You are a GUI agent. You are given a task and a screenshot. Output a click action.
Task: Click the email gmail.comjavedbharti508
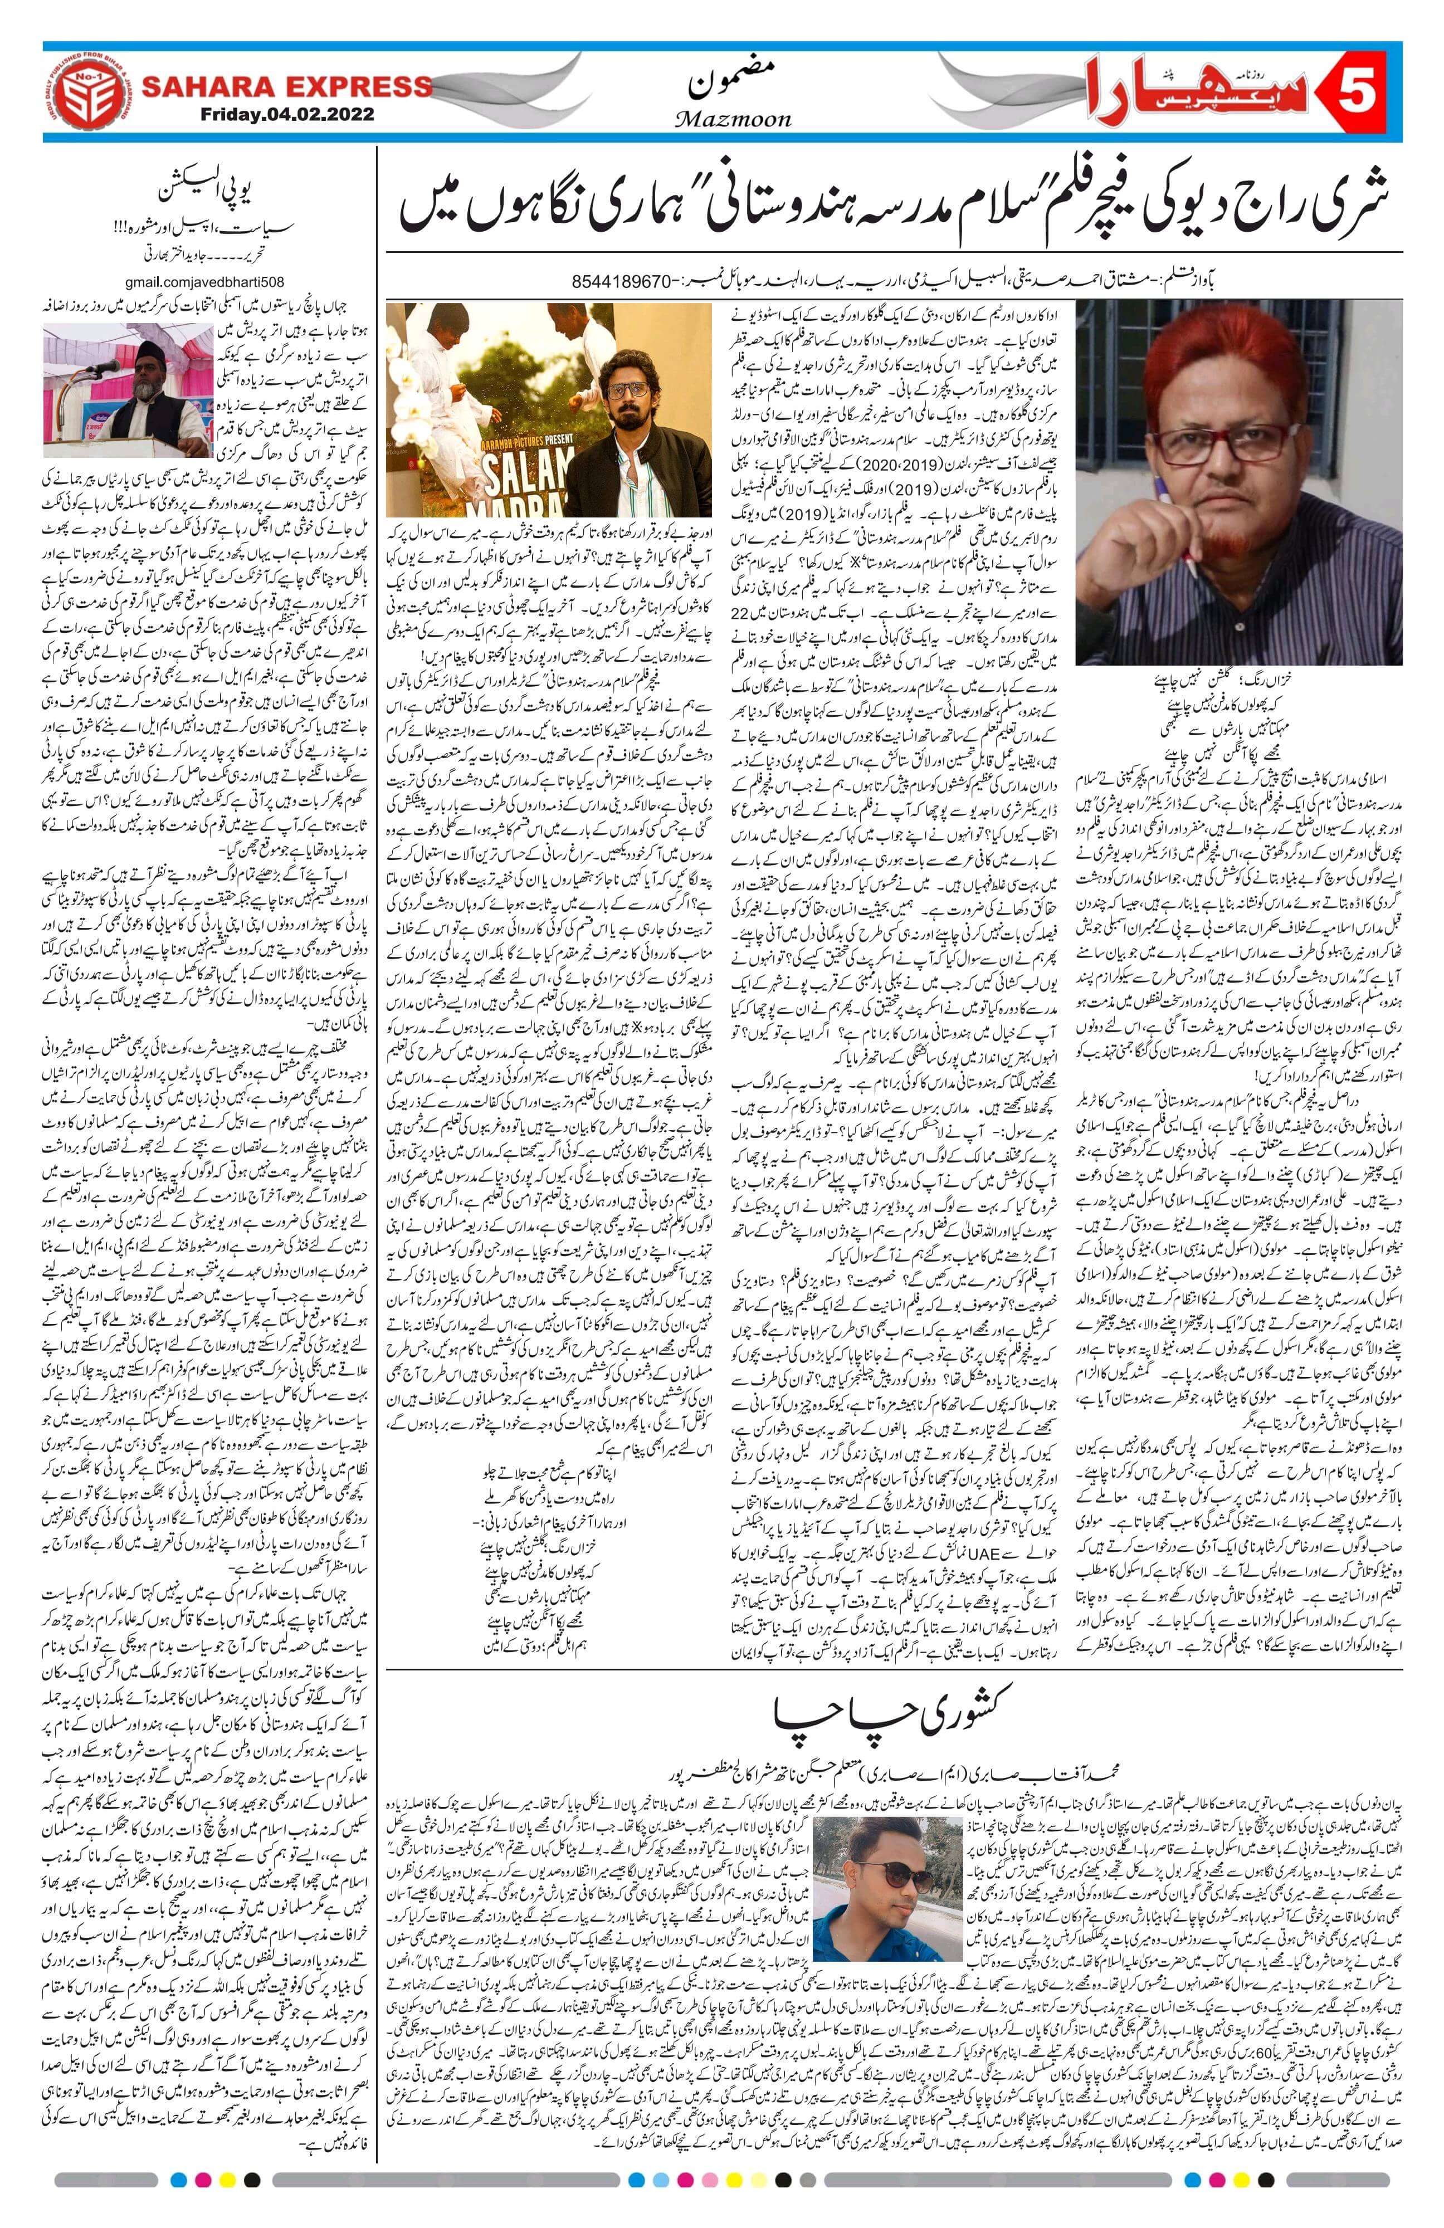(x=201, y=282)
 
